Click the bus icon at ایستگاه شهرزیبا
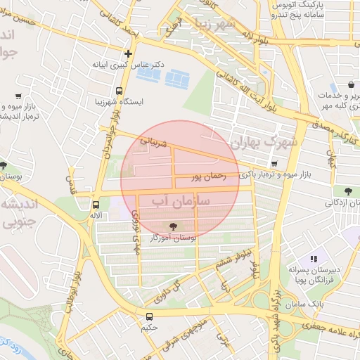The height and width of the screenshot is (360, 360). coord(119,91)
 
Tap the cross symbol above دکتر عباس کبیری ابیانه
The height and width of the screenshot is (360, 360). coord(127,53)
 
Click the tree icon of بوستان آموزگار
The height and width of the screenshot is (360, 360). coord(171,226)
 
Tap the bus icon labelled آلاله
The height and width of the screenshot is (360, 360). coord(96,205)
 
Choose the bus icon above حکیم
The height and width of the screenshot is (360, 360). coord(149,316)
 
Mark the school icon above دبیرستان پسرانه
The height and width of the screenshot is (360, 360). coord(314,258)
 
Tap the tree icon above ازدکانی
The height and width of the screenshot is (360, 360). coord(347,191)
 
